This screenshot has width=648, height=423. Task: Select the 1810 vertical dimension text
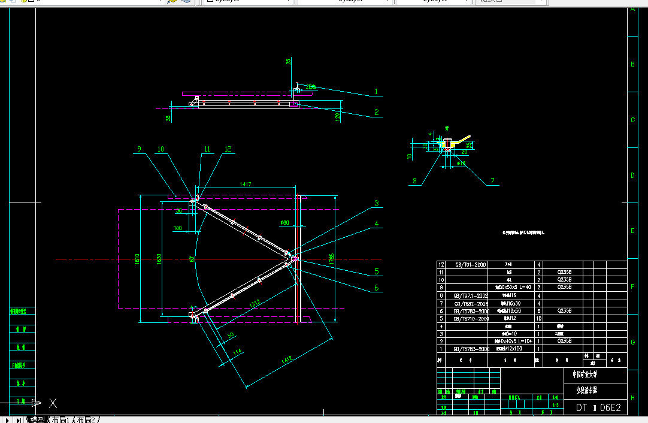[x=137, y=259]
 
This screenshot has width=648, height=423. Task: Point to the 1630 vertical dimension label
[x=159, y=259]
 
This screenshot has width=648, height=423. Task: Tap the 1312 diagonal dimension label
[x=255, y=305]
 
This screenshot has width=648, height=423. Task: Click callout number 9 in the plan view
[x=139, y=149]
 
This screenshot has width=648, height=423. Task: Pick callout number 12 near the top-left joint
[x=228, y=149]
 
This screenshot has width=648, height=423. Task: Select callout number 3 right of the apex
[x=377, y=204]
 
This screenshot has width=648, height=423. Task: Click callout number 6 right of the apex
[x=377, y=288]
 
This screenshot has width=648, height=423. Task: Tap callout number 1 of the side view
[x=377, y=92]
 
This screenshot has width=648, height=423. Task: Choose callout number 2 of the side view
[x=377, y=112]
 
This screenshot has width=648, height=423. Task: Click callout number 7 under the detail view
[x=492, y=180]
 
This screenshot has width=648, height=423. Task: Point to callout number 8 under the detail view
[x=414, y=180]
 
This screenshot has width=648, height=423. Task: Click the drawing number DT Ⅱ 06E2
[x=598, y=408]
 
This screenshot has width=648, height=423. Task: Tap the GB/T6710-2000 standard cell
[x=472, y=319]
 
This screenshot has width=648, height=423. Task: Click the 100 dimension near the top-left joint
[x=178, y=228]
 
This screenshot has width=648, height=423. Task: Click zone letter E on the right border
[x=632, y=231]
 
